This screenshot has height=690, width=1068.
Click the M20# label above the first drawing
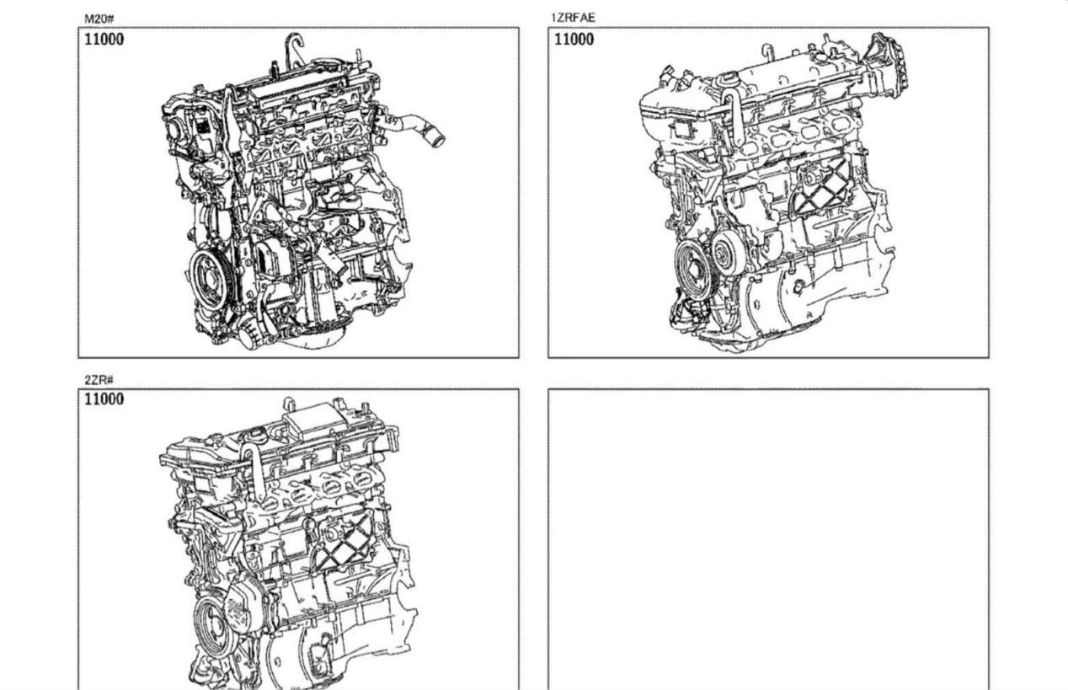(99, 19)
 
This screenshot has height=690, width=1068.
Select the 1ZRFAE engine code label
(573, 18)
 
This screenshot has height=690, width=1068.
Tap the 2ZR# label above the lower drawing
(99, 380)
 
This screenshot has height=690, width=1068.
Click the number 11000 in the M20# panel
(104, 39)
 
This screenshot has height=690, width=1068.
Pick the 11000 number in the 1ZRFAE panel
(574, 39)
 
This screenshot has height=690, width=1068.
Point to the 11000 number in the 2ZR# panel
(104, 399)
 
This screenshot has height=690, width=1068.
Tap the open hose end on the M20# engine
(437, 139)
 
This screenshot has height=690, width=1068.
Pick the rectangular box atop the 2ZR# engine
(316, 423)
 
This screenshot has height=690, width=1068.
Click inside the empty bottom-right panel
(768, 539)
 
